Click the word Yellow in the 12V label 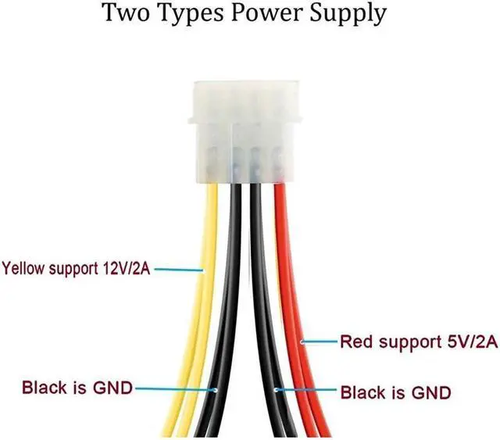pos(23,270)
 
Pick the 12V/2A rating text pos(121,270)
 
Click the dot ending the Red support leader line pos(302,342)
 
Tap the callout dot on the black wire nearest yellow pos(216,388)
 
